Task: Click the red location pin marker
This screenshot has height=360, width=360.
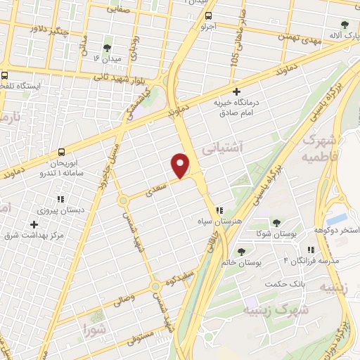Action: [181, 165]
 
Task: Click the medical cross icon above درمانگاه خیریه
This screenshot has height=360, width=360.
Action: [236, 91]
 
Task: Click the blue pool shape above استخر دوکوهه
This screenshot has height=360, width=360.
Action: [336, 219]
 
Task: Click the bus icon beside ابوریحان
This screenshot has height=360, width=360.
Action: [63, 151]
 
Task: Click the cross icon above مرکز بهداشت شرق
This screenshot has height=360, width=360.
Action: [34, 224]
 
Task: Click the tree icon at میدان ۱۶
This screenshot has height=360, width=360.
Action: [106, 48]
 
